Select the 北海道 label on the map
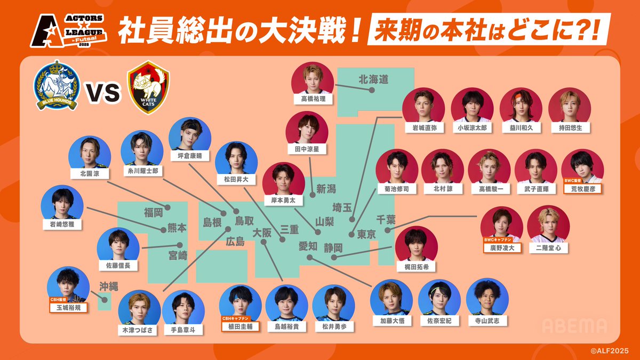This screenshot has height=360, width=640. (373, 79)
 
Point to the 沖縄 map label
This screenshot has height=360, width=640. (107, 286)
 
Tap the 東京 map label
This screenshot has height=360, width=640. (366, 234)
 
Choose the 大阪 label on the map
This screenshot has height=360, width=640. (262, 233)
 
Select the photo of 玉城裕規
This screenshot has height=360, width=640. (68, 284)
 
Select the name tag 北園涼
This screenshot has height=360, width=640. (90, 173)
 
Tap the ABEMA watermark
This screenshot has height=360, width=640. (574, 325)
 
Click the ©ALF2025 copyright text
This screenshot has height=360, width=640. (612, 350)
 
